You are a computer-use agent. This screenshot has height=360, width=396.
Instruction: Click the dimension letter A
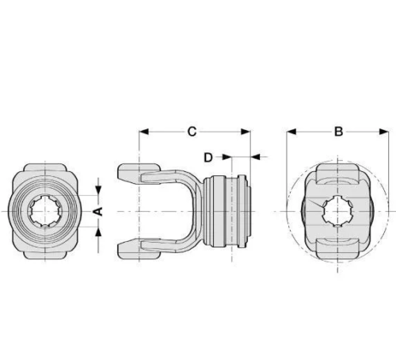click(x=98, y=211)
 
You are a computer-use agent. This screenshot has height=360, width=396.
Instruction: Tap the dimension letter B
click(x=338, y=132)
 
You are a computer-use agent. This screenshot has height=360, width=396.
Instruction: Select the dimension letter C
click(x=192, y=132)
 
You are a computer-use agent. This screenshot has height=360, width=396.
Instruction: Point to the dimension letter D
click(x=208, y=157)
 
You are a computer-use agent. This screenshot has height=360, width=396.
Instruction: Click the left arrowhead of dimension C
click(x=143, y=132)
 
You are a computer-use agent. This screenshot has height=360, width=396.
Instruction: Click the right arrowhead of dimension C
click(x=246, y=132)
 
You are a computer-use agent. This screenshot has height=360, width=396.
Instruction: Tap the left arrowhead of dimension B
click(x=291, y=132)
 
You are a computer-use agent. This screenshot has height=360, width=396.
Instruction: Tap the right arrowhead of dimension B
click(x=384, y=132)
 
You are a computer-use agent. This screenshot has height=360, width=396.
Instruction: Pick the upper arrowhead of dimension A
click(x=98, y=190)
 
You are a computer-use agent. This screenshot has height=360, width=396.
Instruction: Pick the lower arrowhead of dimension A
click(x=98, y=232)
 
